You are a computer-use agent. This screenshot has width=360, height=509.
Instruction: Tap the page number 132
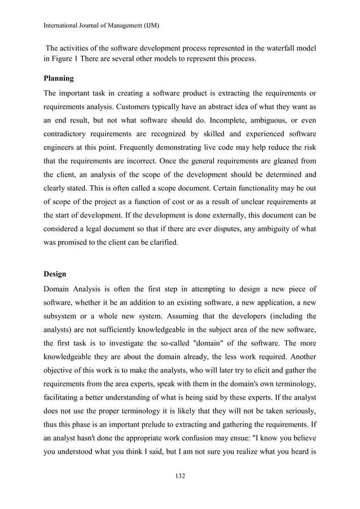tap(180, 476)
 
